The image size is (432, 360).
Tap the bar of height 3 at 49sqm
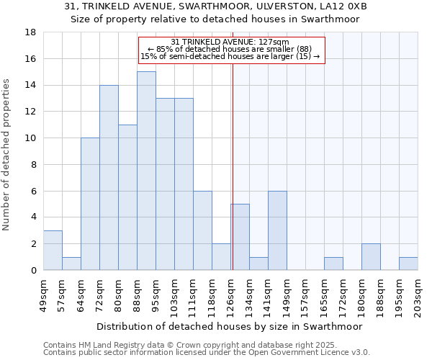53,250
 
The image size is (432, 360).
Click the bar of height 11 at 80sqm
127,197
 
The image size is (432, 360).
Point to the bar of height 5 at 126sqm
240,237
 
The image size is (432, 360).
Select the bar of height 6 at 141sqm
277,230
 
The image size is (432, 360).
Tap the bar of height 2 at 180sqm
371,257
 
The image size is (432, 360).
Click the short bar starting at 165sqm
333,264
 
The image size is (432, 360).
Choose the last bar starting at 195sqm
408,264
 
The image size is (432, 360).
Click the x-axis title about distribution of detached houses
230,326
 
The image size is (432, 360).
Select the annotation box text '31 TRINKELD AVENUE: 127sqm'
230,42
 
